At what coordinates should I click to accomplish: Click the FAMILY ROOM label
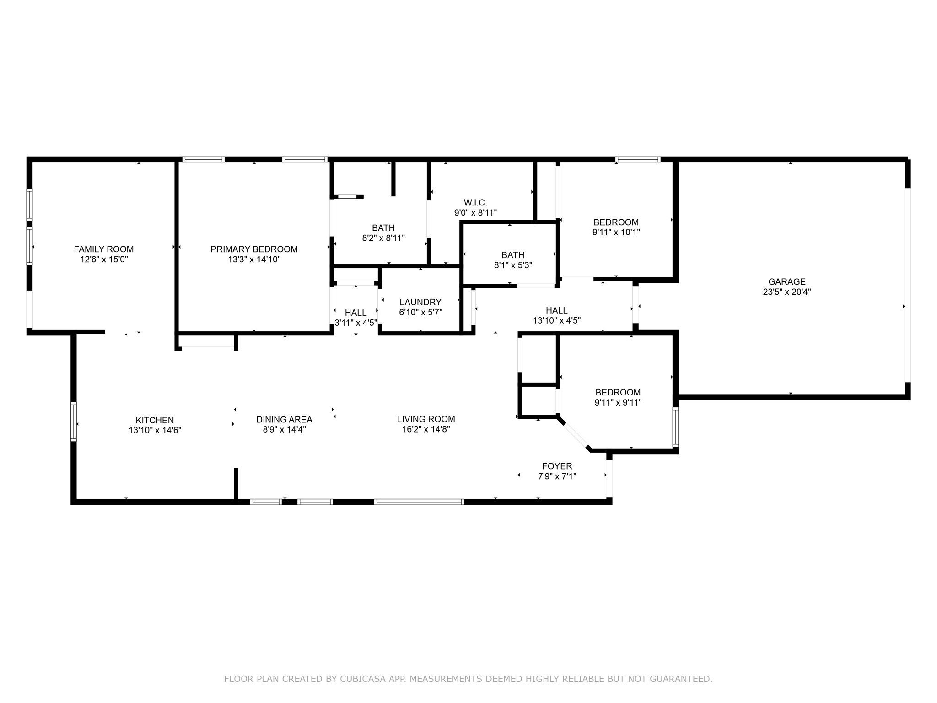click(104, 249)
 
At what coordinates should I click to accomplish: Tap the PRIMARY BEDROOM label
click(254, 249)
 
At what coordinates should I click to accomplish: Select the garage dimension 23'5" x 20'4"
click(787, 292)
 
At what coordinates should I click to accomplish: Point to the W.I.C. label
click(475, 202)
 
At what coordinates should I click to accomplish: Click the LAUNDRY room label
click(420, 302)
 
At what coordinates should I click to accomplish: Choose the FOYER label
click(557, 466)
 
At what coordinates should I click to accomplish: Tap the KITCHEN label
click(155, 420)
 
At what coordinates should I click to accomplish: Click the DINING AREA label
click(284, 419)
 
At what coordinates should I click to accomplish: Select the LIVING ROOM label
click(426, 419)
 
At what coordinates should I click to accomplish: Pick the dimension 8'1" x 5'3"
click(513, 265)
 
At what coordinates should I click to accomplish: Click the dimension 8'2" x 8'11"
click(383, 238)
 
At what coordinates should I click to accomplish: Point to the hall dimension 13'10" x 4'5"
click(557, 321)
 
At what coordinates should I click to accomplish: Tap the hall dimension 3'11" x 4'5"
click(356, 323)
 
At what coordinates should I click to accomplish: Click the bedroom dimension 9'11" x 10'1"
click(616, 232)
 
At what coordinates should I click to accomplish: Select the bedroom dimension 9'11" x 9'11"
click(618, 403)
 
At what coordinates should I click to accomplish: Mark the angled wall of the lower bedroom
click(574, 433)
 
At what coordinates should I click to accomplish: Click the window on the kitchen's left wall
click(74, 422)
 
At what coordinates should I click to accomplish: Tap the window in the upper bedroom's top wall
click(638, 160)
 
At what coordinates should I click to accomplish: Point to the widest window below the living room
click(419, 502)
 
